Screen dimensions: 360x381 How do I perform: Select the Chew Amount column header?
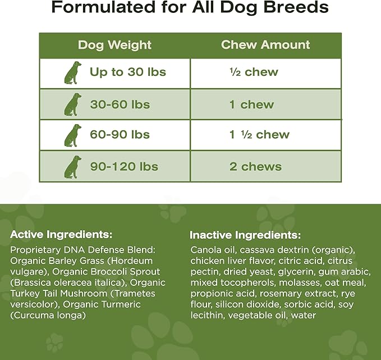click(x=265, y=45)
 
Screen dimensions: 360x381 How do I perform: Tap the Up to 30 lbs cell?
click(x=128, y=72)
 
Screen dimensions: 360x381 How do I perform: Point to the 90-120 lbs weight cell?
click(x=124, y=166)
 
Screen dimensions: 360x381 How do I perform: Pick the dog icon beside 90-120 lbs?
click(x=71, y=167)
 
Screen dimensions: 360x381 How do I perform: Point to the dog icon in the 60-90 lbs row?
click(x=71, y=135)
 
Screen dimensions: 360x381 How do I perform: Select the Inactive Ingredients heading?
click(x=245, y=235)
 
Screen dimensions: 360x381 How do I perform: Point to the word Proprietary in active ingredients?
click(x=35, y=249)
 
